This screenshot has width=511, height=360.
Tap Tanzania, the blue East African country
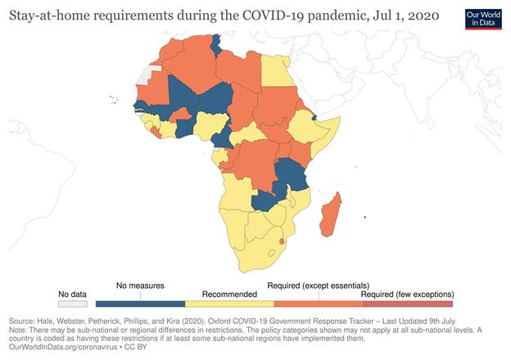click(x=290, y=173)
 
